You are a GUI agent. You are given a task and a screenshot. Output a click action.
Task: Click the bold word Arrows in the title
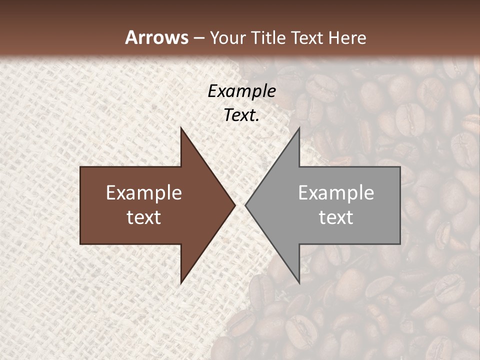157,37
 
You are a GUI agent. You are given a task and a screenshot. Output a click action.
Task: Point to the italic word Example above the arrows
241,91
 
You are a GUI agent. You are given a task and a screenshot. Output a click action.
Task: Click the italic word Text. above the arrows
241,115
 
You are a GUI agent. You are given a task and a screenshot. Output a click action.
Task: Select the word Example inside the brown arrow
144,193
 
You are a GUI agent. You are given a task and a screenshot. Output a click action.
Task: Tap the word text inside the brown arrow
144,217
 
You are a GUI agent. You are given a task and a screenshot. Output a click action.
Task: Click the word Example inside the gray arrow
336,193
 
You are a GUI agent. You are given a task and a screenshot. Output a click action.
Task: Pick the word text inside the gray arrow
336,217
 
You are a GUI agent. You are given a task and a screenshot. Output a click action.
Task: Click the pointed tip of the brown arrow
235,205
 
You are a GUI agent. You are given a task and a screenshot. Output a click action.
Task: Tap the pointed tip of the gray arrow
245,205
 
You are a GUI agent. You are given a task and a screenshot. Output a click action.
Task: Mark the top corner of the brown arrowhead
181,128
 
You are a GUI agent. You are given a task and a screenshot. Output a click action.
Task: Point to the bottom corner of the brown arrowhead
181,283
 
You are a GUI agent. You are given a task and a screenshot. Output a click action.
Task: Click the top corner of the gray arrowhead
299,128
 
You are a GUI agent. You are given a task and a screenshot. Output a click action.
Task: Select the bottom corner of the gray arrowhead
299,283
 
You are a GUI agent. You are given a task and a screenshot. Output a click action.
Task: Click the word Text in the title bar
308,37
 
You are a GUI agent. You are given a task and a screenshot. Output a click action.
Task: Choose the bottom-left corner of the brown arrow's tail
80,243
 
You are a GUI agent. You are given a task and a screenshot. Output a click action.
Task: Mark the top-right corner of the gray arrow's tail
400,167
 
